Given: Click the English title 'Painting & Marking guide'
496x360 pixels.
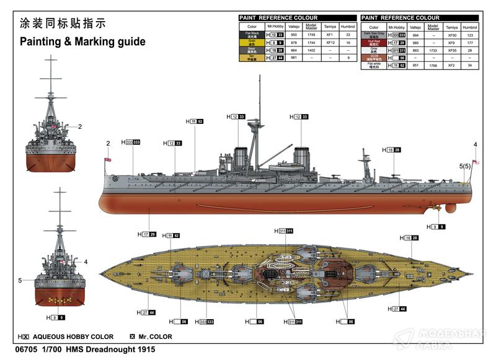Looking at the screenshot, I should point(82,42).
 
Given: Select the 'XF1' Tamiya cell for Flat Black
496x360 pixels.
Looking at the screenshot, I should point(330,35).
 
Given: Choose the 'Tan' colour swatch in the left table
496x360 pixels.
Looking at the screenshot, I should point(252,57).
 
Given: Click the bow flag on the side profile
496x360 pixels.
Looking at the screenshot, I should point(108,160).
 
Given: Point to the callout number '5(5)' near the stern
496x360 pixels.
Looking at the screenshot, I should point(465,166).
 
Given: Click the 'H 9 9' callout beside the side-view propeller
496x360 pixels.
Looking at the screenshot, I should point(438,227).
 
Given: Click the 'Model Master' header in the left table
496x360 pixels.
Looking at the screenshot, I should point(312,27).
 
